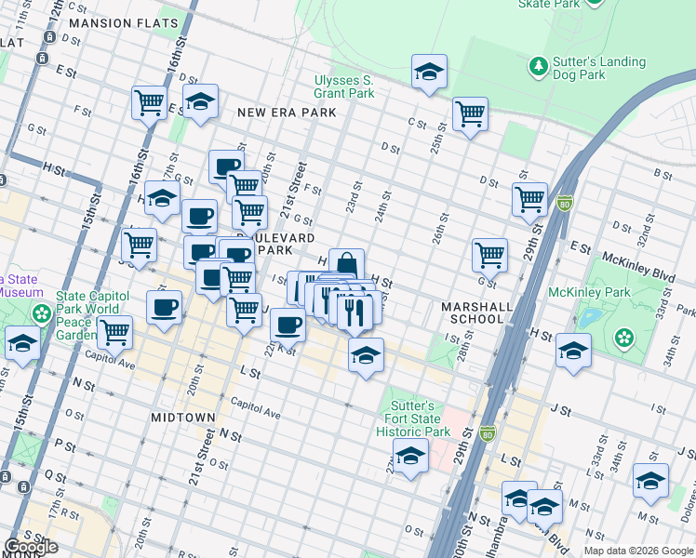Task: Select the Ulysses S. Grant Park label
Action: pos(344,86)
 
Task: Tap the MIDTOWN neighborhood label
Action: pos(183,418)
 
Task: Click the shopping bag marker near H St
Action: pos(346,265)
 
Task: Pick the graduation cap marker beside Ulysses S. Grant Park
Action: pos(429,72)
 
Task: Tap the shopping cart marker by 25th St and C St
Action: pos(470,114)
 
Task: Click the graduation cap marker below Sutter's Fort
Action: pos(410,457)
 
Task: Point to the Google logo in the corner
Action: pos(31,547)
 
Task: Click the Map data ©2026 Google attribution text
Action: pos(637,551)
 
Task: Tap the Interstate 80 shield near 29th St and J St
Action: pos(487,433)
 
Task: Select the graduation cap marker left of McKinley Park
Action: pos(573,352)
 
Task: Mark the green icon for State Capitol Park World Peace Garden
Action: pos(40,312)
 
